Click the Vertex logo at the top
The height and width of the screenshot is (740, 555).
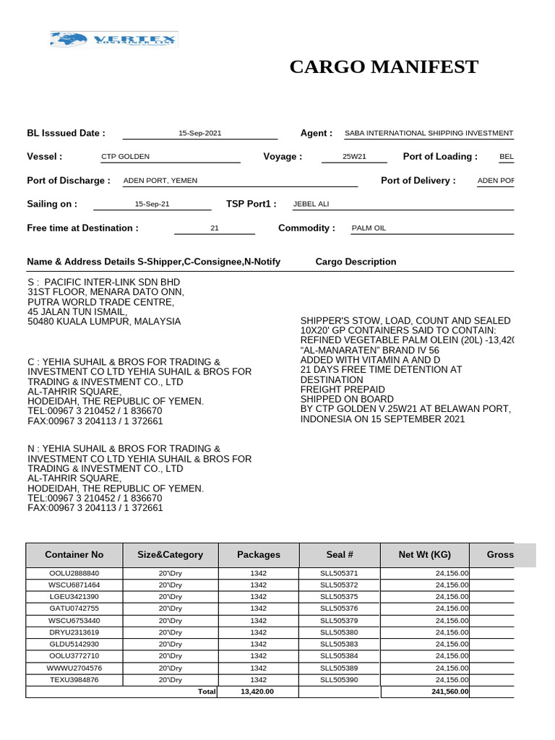click(113, 40)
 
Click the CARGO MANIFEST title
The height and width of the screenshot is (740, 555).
click(384, 67)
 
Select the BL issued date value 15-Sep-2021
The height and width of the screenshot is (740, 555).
click(199, 134)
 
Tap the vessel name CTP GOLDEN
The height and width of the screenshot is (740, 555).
click(126, 157)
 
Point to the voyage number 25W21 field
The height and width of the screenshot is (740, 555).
click(354, 157)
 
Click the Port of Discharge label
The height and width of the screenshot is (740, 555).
click(69, 181)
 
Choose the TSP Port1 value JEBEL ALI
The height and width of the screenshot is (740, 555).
click(311, 205)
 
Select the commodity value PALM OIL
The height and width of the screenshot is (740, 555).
click(369, 228)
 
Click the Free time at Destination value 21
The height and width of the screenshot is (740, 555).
click(214, 228)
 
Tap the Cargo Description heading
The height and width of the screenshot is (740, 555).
click(356, 262)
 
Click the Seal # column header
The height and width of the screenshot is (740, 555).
click(339, 555)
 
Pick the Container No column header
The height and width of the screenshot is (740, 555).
click(74, 555)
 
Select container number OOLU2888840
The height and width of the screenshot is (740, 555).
click(74, 573)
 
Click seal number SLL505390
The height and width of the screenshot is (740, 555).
click(339, 680)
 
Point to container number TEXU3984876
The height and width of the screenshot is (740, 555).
click(74, 680)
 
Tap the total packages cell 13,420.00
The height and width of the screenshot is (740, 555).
click(258, 692)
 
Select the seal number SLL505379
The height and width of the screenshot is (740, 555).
click(339, 621)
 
